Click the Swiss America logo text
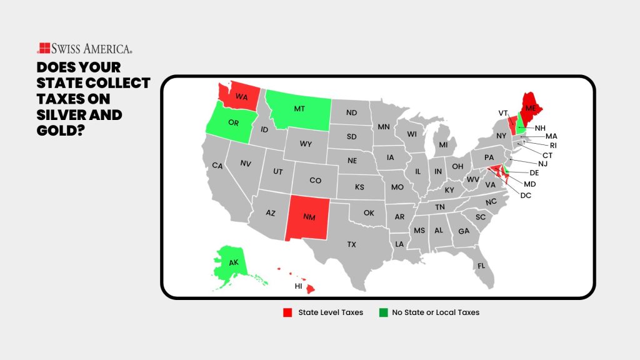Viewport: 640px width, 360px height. [91, 48]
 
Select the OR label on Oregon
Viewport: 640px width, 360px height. [233, 122]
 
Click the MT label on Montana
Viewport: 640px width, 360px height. [299, 108]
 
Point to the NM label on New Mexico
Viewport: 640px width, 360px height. [309, 217]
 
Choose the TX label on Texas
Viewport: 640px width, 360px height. [352, 244]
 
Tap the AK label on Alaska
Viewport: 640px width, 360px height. [233, 262]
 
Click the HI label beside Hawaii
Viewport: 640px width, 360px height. [299, 286]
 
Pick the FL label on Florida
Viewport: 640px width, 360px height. [481, 266]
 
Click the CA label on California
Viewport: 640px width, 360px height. [217, 166]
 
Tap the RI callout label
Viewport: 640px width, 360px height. [553, 145]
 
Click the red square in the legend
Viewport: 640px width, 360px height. [287, 312]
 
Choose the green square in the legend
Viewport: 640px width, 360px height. [382, 312]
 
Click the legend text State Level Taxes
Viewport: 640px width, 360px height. [331, 312]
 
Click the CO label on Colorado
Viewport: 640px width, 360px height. [316, 180]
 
